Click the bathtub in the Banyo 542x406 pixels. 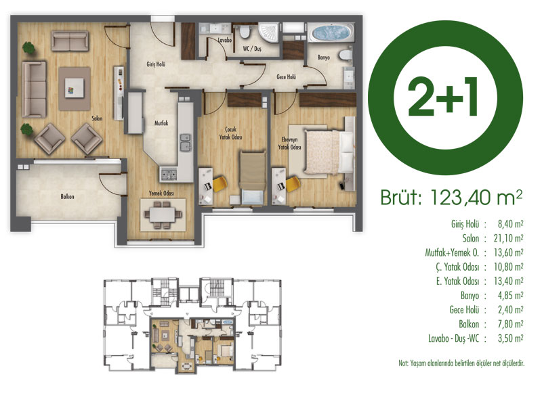[x=331, y=32]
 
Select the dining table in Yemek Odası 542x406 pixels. [x=163, y=215]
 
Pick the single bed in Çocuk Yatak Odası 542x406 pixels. [x=253, y=177]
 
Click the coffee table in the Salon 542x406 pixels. [x=75, y=89]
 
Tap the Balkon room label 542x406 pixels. [x=67, y=197]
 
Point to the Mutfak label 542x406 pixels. [x=161, y=123]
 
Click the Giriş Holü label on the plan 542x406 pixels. [x=156, y=64]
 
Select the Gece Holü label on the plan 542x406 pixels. [x=286, y=77]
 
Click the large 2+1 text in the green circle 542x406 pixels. [x=443, y=97]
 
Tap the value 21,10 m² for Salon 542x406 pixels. [x=508, y=238]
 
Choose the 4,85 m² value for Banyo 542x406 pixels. [x=510, y=296]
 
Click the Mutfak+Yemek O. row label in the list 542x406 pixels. [x=452, y=252]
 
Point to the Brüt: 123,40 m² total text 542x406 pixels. [x=451, y=197]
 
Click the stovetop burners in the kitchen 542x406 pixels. [x=168, y=174]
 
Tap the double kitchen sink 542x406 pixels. [x=186, y=143]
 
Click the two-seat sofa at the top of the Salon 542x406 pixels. [x=70, y=41]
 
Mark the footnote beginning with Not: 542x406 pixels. [x=461, y=363]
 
